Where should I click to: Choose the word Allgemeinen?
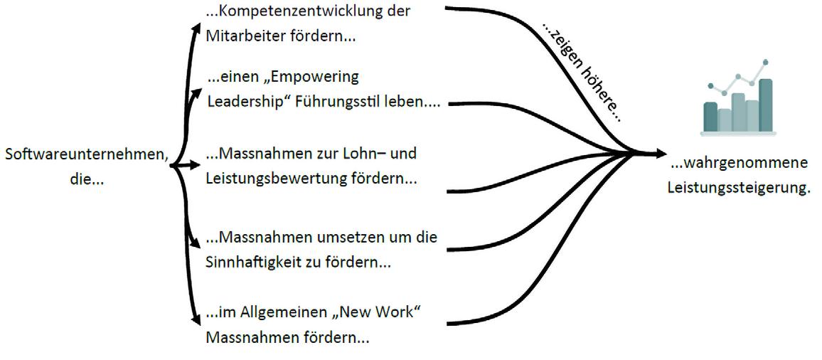point(274,312)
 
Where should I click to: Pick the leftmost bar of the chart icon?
point(710,117)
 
